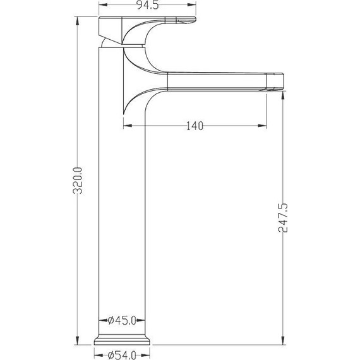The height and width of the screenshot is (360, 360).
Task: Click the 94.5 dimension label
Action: (x=148, y=5)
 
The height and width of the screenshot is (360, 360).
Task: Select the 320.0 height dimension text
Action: (x=78, y=181)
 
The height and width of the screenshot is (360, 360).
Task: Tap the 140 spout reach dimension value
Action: (x=195, y=126)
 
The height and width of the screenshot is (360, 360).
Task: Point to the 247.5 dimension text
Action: (x=282, y=218)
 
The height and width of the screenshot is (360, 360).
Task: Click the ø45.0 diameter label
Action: (x=122, y=320)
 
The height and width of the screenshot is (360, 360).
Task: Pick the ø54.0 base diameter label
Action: (x=122, y=355)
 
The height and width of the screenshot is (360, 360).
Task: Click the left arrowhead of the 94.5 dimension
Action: (x=103, y=4)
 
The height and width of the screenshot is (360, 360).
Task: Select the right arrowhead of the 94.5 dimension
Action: (x=192, y=4)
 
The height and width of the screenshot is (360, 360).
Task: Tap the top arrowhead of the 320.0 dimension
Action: (x=78, y=21)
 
